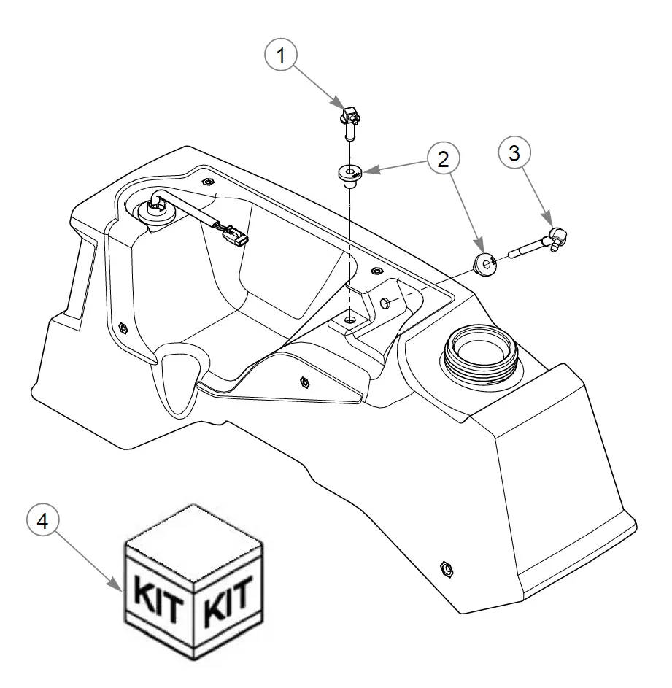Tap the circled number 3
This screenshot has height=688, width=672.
tap(514, 153)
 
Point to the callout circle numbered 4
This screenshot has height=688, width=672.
tap(45, 522)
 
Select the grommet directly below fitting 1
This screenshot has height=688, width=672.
tap(350, 175)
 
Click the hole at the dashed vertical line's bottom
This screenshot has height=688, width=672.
tap(351, 320)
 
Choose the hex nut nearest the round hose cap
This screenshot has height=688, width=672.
tap(207, 181)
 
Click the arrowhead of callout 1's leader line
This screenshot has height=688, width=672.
tap(337, 104)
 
